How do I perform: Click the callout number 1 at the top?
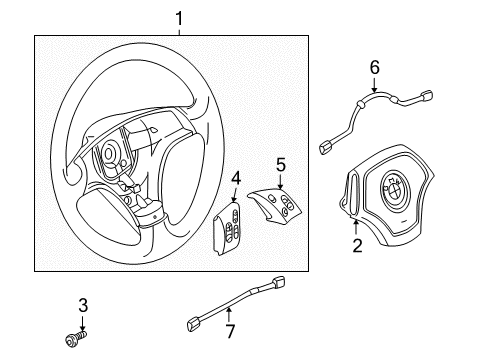pyautogui.click(x=180, y=18)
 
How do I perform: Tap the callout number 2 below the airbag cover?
pyautogui.click(x=355, y=243)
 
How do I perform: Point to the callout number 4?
pyautogui.click(x=235, y=179)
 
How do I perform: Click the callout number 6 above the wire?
pyautogui.click(x=375, y=68)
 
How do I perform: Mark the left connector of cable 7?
pyautogui.click(x=196, y=322)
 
